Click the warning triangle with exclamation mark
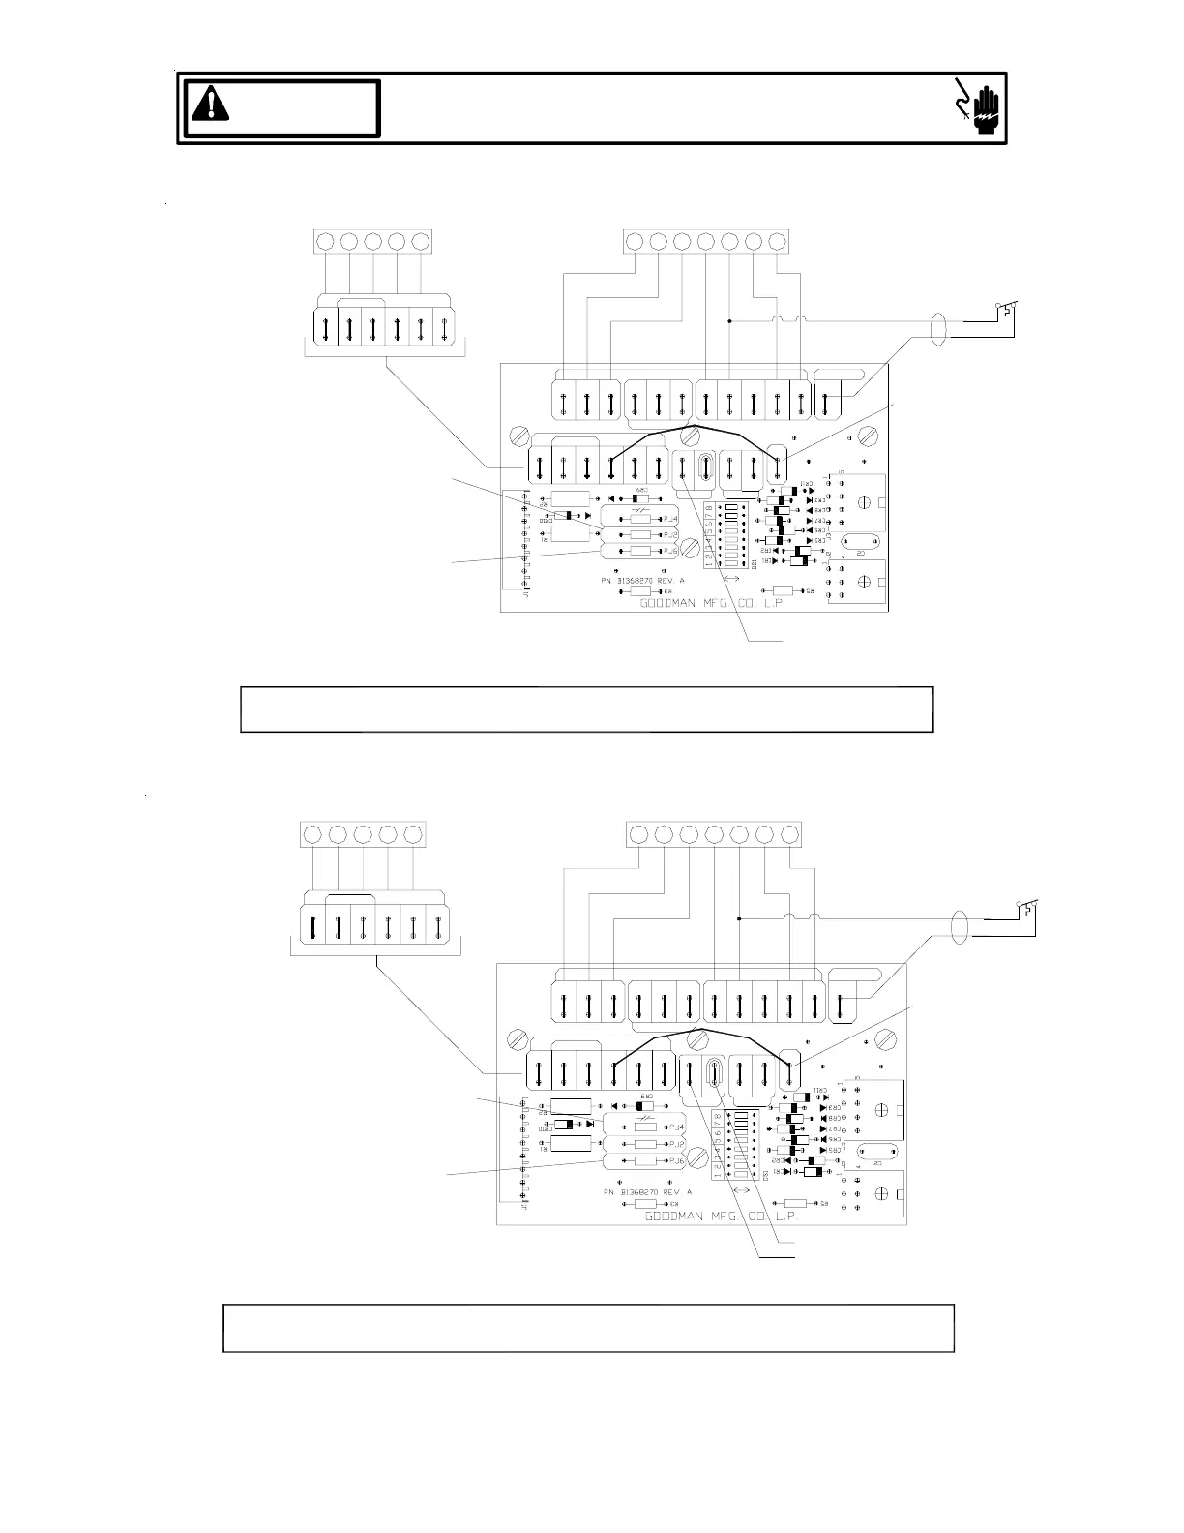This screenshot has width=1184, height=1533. click(210, 103)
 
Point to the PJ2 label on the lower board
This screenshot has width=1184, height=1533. click(675, 1144)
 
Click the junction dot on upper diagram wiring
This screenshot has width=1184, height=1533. click(728, 319)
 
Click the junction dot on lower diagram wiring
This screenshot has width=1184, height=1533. click(738, 918)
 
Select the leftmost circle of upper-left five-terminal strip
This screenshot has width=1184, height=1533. click(326, 241)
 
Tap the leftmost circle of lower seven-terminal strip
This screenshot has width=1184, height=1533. click(638, 833)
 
